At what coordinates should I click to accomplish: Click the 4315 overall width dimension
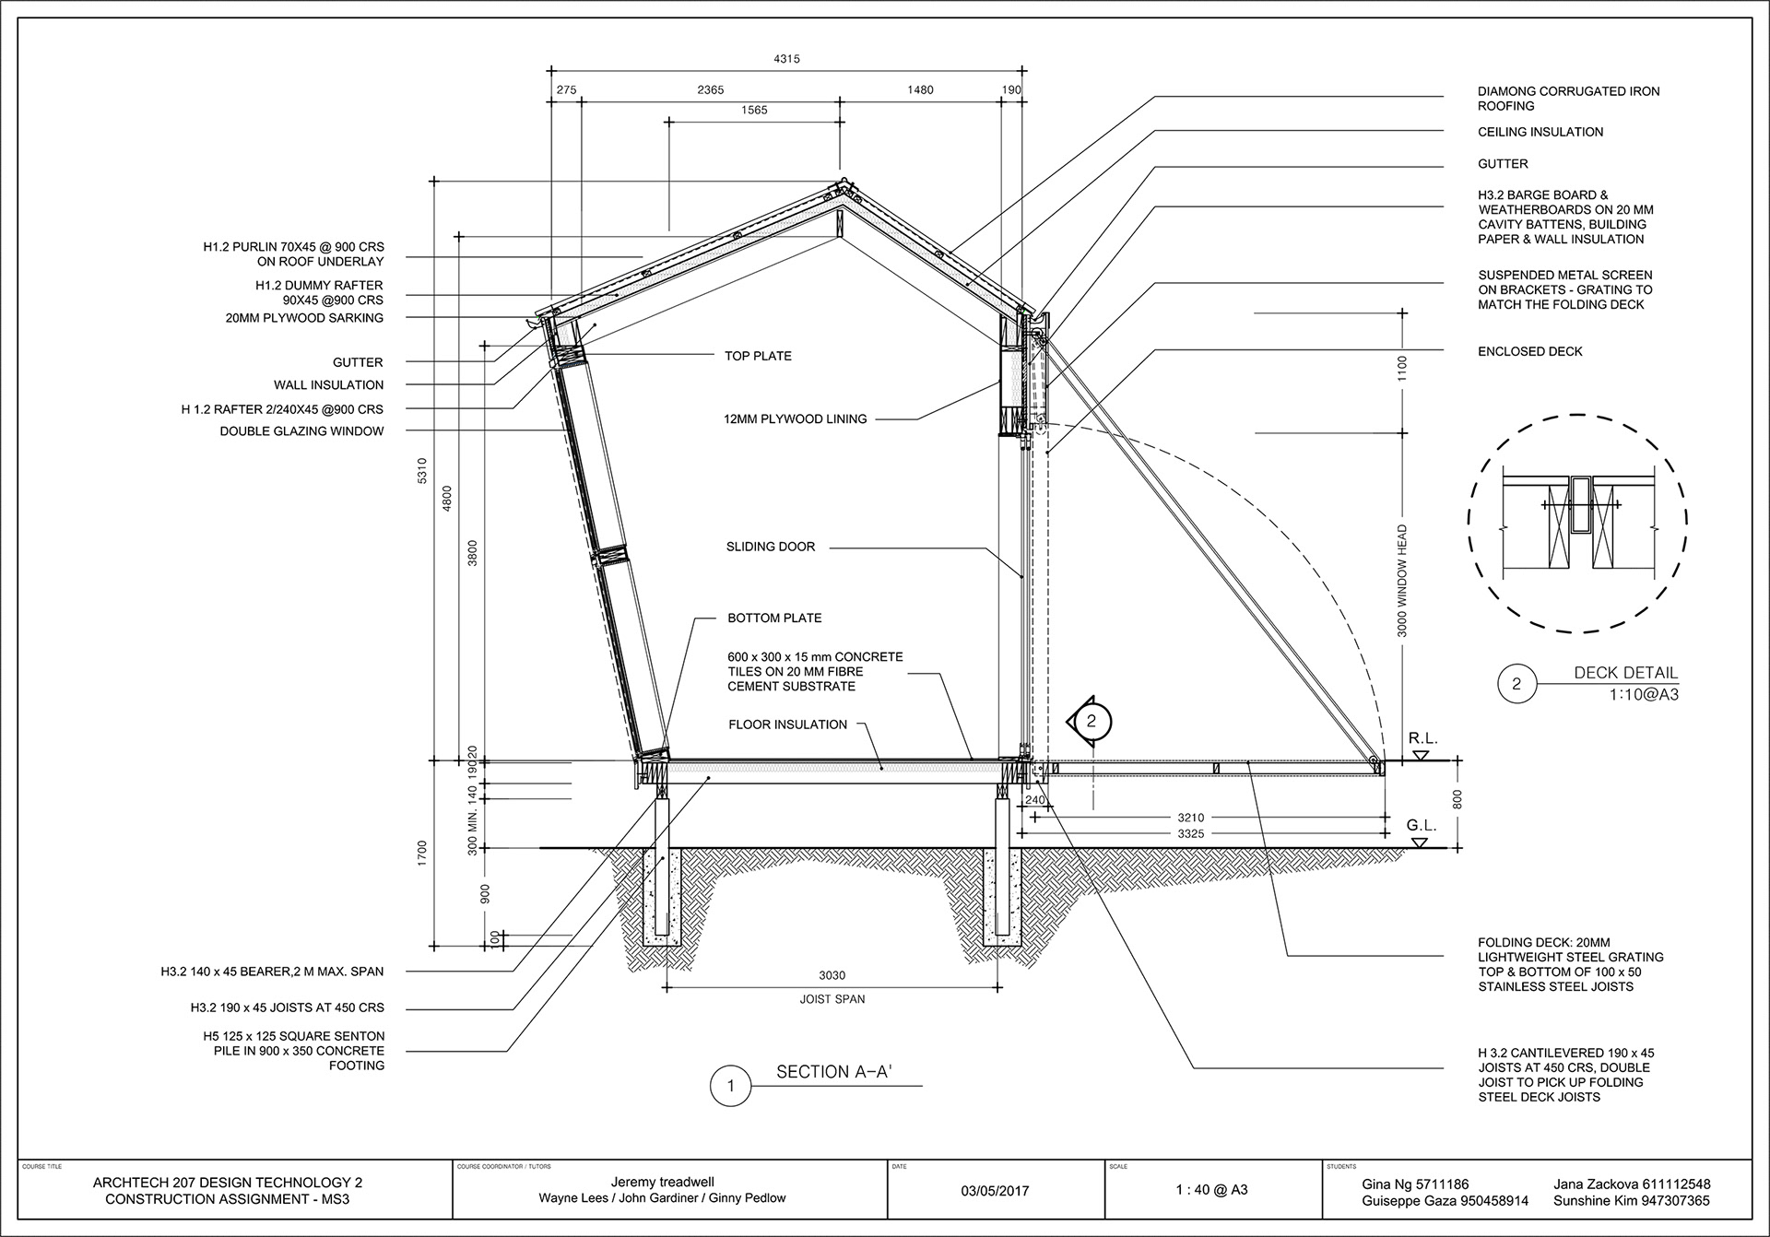[x=786, y=59]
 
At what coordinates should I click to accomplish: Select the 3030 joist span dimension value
[x=832, y=975]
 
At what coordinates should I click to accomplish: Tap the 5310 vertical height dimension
[x=423, y=471]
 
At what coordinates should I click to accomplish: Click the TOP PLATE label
[x=758, y=356]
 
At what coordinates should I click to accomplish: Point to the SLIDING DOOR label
[x=771, y=547]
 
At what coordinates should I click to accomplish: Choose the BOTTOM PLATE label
[x=774, y=618]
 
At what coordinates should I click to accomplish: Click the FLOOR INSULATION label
[x=787, y=725]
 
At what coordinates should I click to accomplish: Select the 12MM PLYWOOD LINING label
[x=796, y=418]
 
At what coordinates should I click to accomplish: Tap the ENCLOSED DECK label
[x=1529, y=351]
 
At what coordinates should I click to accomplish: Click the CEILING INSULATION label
[x=1540, y=132]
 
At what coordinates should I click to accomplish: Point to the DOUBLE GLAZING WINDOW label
[x=301, y=431]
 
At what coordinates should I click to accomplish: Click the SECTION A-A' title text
[x=833, y=1072]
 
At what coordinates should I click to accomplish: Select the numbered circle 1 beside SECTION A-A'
[x=731, y=1086]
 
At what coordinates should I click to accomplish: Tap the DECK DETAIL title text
[x=1626, y=673]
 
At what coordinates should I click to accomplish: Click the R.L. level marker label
[x=1422, y=739]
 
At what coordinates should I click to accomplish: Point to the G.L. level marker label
[x=1422, y=826]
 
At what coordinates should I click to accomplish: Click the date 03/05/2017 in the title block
[x=996, y=1191]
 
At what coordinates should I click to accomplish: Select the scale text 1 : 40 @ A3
[x=1211, y=1191]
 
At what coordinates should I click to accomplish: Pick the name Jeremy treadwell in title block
[x=662, y=1183]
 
